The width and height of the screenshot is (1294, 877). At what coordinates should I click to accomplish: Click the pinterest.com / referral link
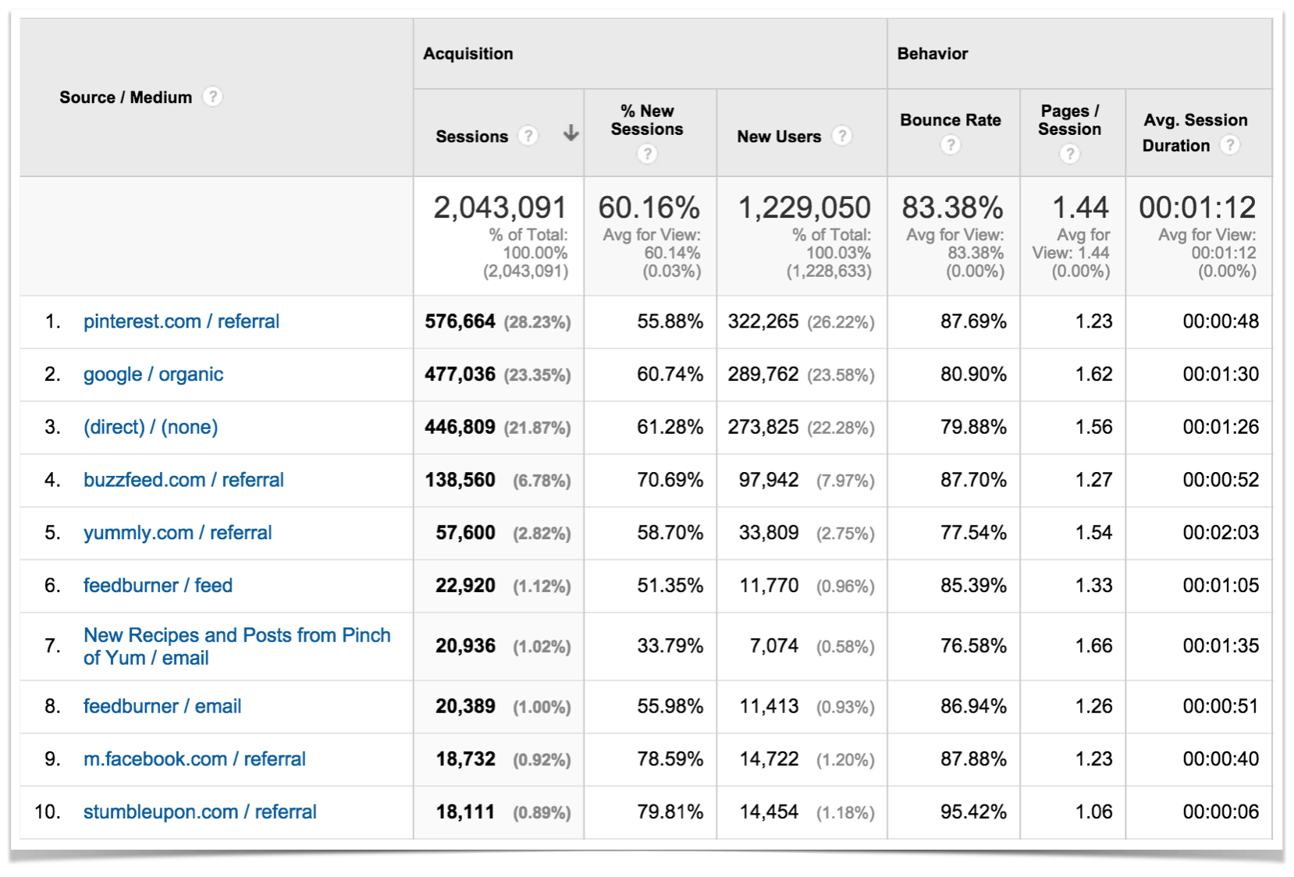pos(181,321)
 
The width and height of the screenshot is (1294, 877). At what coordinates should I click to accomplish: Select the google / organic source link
pos(153,375)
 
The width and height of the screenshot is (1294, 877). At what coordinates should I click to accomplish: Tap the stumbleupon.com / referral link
pos(200,812)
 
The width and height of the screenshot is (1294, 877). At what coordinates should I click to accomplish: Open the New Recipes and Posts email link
pos(236,646)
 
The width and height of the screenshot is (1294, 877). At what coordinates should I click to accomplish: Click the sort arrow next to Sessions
pos(571,133)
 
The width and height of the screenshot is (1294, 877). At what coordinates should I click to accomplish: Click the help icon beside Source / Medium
pos(212,97)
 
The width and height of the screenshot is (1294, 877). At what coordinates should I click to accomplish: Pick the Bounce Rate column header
pos(950,120)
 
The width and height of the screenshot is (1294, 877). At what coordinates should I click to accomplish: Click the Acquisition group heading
pos(468,54)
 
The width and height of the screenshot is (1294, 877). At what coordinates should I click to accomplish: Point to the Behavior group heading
pos(932,54)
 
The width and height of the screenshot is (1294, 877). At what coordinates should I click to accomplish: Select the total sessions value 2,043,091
pos(499,208)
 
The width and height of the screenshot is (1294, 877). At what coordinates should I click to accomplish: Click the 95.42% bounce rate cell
pos(973,812)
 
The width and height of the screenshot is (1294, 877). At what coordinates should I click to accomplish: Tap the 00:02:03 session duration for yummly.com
pos(1220,533)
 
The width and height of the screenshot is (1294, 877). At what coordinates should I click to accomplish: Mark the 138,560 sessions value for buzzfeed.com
pos(460,480)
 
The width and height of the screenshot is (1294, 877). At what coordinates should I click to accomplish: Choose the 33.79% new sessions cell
pos(670,646)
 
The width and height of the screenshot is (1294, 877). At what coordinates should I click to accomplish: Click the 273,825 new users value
pos(763,428)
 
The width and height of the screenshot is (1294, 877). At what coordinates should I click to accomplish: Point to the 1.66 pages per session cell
pos(1093,646)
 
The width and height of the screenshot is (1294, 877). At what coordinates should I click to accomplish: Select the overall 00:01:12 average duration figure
pos(1197,208)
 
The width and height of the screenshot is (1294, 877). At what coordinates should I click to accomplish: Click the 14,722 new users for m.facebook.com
pos(769,759)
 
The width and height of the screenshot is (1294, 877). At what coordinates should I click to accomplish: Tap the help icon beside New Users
pos(841,136)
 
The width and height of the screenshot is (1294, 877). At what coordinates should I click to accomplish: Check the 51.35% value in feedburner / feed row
pos(670,586)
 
